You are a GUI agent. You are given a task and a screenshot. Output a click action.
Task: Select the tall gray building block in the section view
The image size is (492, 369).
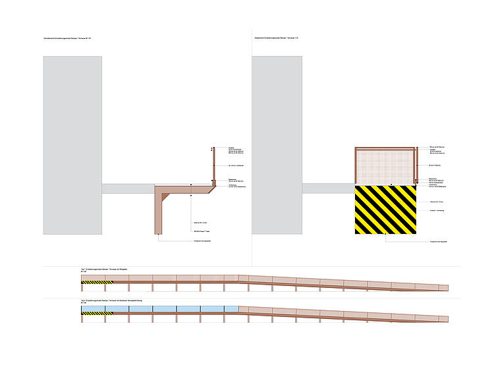[x=72, y=145]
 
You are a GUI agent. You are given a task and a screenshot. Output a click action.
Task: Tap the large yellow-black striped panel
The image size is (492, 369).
[x=386, y=210]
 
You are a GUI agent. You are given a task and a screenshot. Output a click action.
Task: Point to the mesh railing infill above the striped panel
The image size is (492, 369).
[x=386, y=167]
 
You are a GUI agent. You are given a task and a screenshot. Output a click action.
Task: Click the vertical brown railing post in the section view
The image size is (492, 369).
[x=213, y=165]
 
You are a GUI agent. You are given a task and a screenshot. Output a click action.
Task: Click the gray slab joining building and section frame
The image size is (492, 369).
[x=128, y=188]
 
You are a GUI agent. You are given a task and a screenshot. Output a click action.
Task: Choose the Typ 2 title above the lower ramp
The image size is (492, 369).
[x=105, y=301]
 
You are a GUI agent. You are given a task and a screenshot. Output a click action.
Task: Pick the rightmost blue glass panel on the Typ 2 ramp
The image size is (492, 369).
[x=231, y=308]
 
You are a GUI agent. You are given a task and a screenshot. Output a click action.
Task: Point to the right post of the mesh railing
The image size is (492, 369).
[x=416, y=165]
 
